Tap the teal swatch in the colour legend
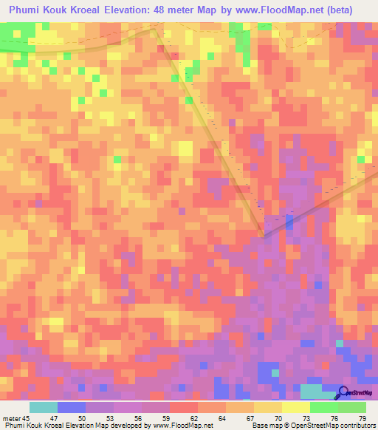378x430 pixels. tap(44, 407)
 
